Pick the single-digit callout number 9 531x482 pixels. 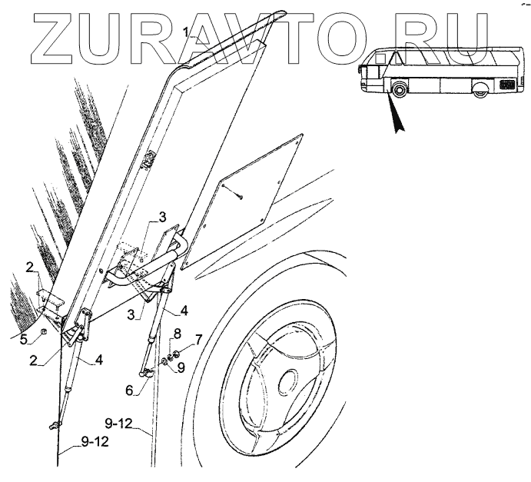click(x=181, y=367)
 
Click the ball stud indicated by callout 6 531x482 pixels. click(x=144, y=373)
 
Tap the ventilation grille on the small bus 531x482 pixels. click(x=509, y=84)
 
